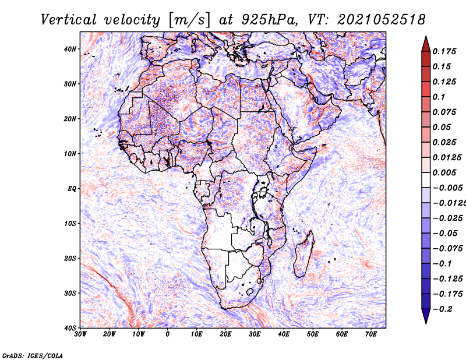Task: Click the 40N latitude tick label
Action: (x=69, y=49)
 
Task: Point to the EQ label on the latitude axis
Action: (x=72, y=189)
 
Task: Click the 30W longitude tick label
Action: (x=80, y=334)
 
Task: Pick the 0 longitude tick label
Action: (x=168, y=334)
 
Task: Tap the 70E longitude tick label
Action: (x=371, y=334)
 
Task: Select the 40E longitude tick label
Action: (x=284, y=334)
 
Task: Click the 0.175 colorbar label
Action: (x=444, y=51)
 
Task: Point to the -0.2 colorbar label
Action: (x=442, y=309)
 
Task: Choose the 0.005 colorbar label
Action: (x=444, y=172)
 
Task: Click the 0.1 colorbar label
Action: (x=439, y=97)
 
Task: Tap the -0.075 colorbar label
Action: (x=447, y=249)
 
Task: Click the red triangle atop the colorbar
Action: (x=426, y=44)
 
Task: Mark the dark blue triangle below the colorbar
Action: (x=426, y=316)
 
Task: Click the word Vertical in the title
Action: (x=69, y=20)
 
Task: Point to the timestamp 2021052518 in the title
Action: (x=382, y=20)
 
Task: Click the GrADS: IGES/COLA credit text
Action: (x=33, y=356)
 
